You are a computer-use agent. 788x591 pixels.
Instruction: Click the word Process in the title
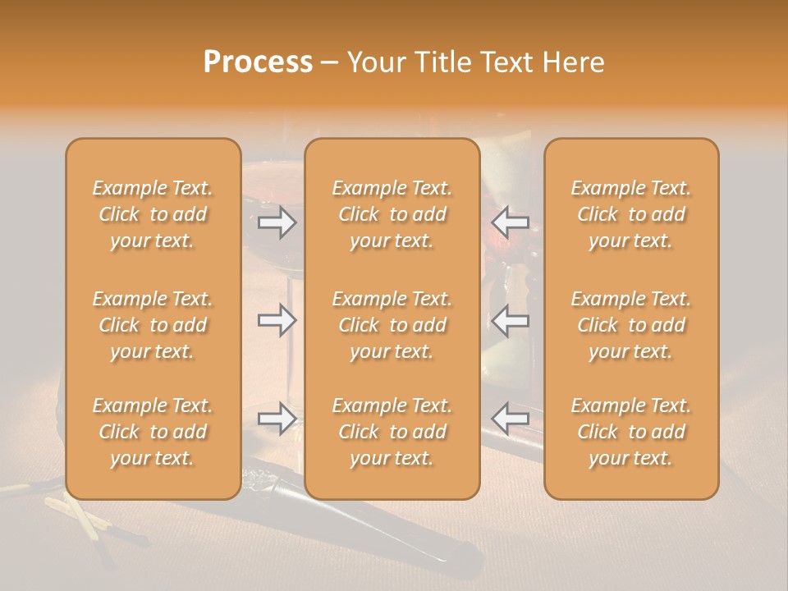(258, 62)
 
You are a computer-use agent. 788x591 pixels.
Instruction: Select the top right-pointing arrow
(277, 222)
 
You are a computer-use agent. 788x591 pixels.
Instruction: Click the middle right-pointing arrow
(277, 320)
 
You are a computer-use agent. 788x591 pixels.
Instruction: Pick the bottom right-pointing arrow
(277, 419)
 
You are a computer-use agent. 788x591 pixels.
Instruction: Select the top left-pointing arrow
(511, 222)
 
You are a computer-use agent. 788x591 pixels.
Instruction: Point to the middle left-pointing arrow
(511, 320)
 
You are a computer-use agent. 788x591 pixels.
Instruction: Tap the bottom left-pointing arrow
(511, 419)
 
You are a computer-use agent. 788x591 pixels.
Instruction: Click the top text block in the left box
(153, 214)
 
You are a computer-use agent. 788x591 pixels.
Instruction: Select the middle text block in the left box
(153, 325)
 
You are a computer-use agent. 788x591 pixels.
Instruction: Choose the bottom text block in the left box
(153, 432)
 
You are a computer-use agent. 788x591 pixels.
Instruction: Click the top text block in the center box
(392, 214)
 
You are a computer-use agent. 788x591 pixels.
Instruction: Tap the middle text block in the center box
(392, 325)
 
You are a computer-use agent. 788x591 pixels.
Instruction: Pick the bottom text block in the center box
(392, 432)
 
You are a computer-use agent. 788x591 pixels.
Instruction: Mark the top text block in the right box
(630, 214)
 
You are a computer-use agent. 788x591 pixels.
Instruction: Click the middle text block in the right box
(630, 325)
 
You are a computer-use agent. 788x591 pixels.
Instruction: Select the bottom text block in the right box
(630, 432)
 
